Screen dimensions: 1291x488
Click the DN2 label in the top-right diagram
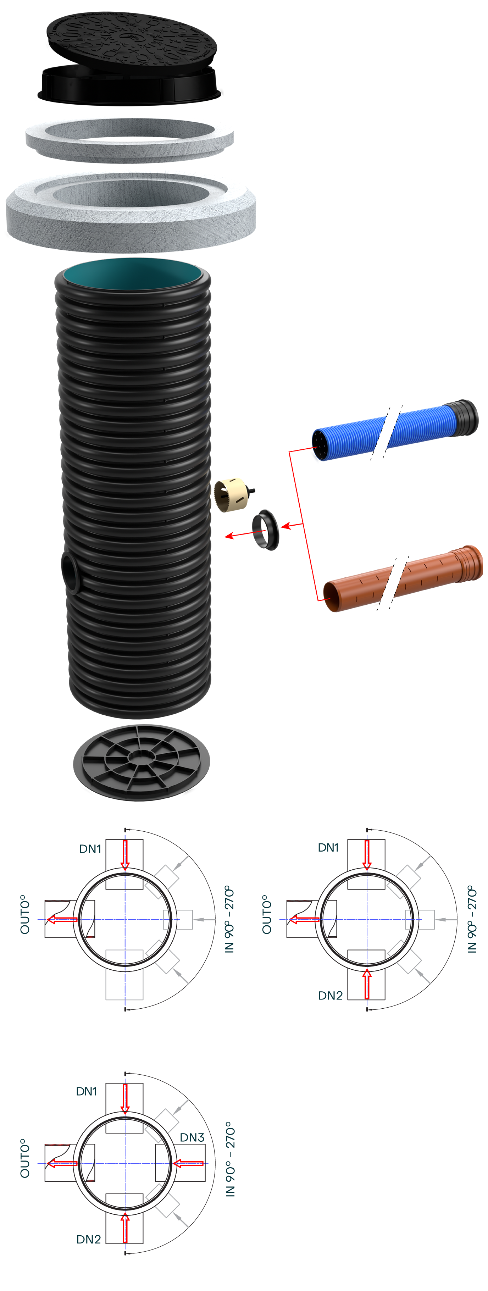[330, 995]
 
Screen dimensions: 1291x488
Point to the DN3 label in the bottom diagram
[192, 1138]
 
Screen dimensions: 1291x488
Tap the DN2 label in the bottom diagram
[89, 1239]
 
